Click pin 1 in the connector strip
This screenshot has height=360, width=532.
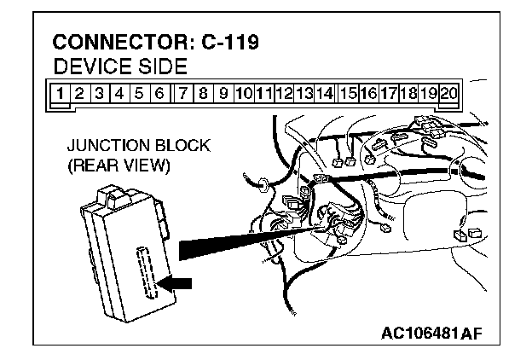(x=60, y=92)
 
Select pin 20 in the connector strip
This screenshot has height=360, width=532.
(x=449, y=92)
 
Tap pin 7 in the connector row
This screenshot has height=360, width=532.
(x=183, y=92)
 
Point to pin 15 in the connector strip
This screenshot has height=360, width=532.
(x=347, y=92)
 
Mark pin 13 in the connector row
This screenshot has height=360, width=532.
(x=304, y=92)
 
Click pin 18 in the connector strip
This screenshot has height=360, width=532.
(x=408, y=92)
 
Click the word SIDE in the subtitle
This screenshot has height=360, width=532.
(x=163, y=66)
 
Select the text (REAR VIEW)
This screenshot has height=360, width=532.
(x=119, y=166)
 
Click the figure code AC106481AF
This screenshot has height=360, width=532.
(x=434, y=331)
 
